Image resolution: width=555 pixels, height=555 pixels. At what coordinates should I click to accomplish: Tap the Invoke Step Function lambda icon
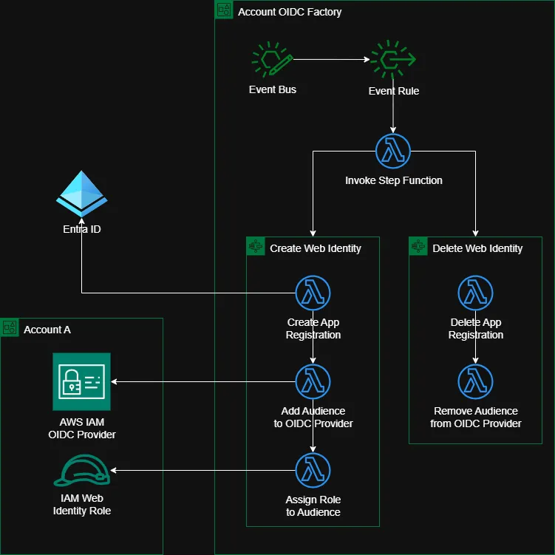click(393, 151)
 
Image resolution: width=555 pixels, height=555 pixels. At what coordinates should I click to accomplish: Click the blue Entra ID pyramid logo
click(82, 194)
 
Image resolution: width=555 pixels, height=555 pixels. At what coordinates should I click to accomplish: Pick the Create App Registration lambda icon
click(313, 293)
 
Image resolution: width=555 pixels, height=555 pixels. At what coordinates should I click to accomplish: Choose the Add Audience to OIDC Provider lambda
click(313, 381)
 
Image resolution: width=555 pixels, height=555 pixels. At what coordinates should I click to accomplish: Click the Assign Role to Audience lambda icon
click(313, 470)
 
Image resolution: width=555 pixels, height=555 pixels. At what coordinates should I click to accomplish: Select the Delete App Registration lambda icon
click(476, 293)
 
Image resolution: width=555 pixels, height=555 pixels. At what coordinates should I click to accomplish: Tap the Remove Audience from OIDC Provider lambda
click(476, 381)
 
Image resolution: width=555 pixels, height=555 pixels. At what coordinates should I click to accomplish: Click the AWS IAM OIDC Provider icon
click(82, 381)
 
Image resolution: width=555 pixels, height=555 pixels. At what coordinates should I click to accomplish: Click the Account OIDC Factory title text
click(290, 12)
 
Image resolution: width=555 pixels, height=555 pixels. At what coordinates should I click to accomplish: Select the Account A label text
click(47, 330)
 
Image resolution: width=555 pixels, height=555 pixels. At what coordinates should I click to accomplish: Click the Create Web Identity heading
click(316, 248)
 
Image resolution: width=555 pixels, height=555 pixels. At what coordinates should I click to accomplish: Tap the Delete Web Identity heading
click(477, 248)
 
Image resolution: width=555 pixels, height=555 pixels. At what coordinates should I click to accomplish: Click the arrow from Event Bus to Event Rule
click(330, 60)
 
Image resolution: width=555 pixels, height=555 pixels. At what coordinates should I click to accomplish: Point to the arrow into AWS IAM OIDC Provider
click(200, 382)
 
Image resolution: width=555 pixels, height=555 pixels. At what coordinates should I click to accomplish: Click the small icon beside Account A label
click(10, 328)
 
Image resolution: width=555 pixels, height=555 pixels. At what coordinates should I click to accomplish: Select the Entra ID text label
click(82, 229)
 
